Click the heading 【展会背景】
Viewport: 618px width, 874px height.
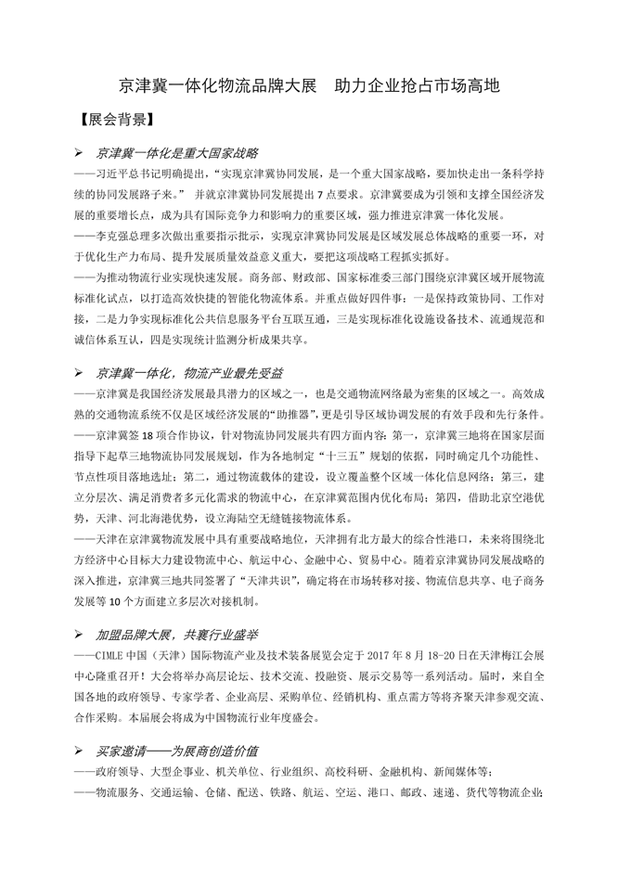(114, 121)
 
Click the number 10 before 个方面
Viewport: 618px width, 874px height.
(130, 599)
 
